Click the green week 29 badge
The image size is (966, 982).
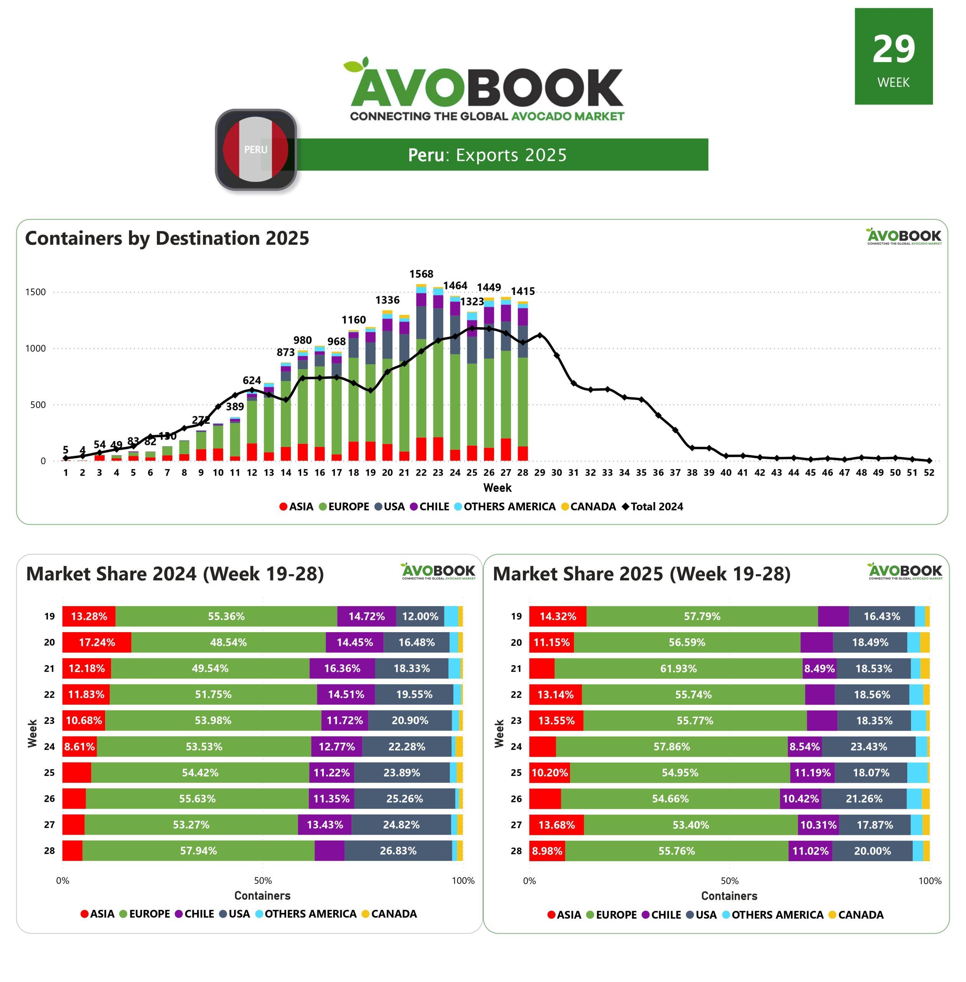click(x=893, y=56)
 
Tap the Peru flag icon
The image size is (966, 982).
click(x=256, y=150)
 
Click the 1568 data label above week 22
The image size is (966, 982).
click(x=421, y=274)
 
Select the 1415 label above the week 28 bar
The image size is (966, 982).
click(x=523, y=291)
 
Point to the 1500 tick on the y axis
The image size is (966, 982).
click(x=36, y=292)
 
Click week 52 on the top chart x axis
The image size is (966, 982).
click(x=928, y=472)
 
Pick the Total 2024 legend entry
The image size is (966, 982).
click(x=653, y=507)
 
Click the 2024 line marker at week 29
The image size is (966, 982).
click(x=540, y=335)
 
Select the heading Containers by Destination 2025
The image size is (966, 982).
click(x=167, y=238)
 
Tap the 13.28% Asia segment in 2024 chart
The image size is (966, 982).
click(x=89, y=616)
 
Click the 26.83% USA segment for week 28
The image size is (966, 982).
click(x=398, y=851)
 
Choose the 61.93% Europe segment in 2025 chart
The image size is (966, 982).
click(x=678, y=669)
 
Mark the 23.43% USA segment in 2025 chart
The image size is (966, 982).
click(x=869, y=746)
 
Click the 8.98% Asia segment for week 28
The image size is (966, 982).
click(x=547, y=851)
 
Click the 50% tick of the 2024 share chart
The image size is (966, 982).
click(x=263, y=881)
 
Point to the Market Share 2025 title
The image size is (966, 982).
click(x=641, y=574)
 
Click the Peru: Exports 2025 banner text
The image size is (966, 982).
click(x=487, y=155)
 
